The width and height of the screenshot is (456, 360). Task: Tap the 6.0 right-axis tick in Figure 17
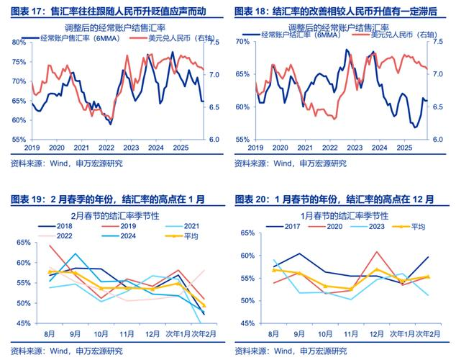(x=214, y=140)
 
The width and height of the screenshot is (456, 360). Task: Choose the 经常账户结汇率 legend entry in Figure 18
(x=288, y=35)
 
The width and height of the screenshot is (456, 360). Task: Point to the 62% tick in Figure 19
(x=19, y=246)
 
